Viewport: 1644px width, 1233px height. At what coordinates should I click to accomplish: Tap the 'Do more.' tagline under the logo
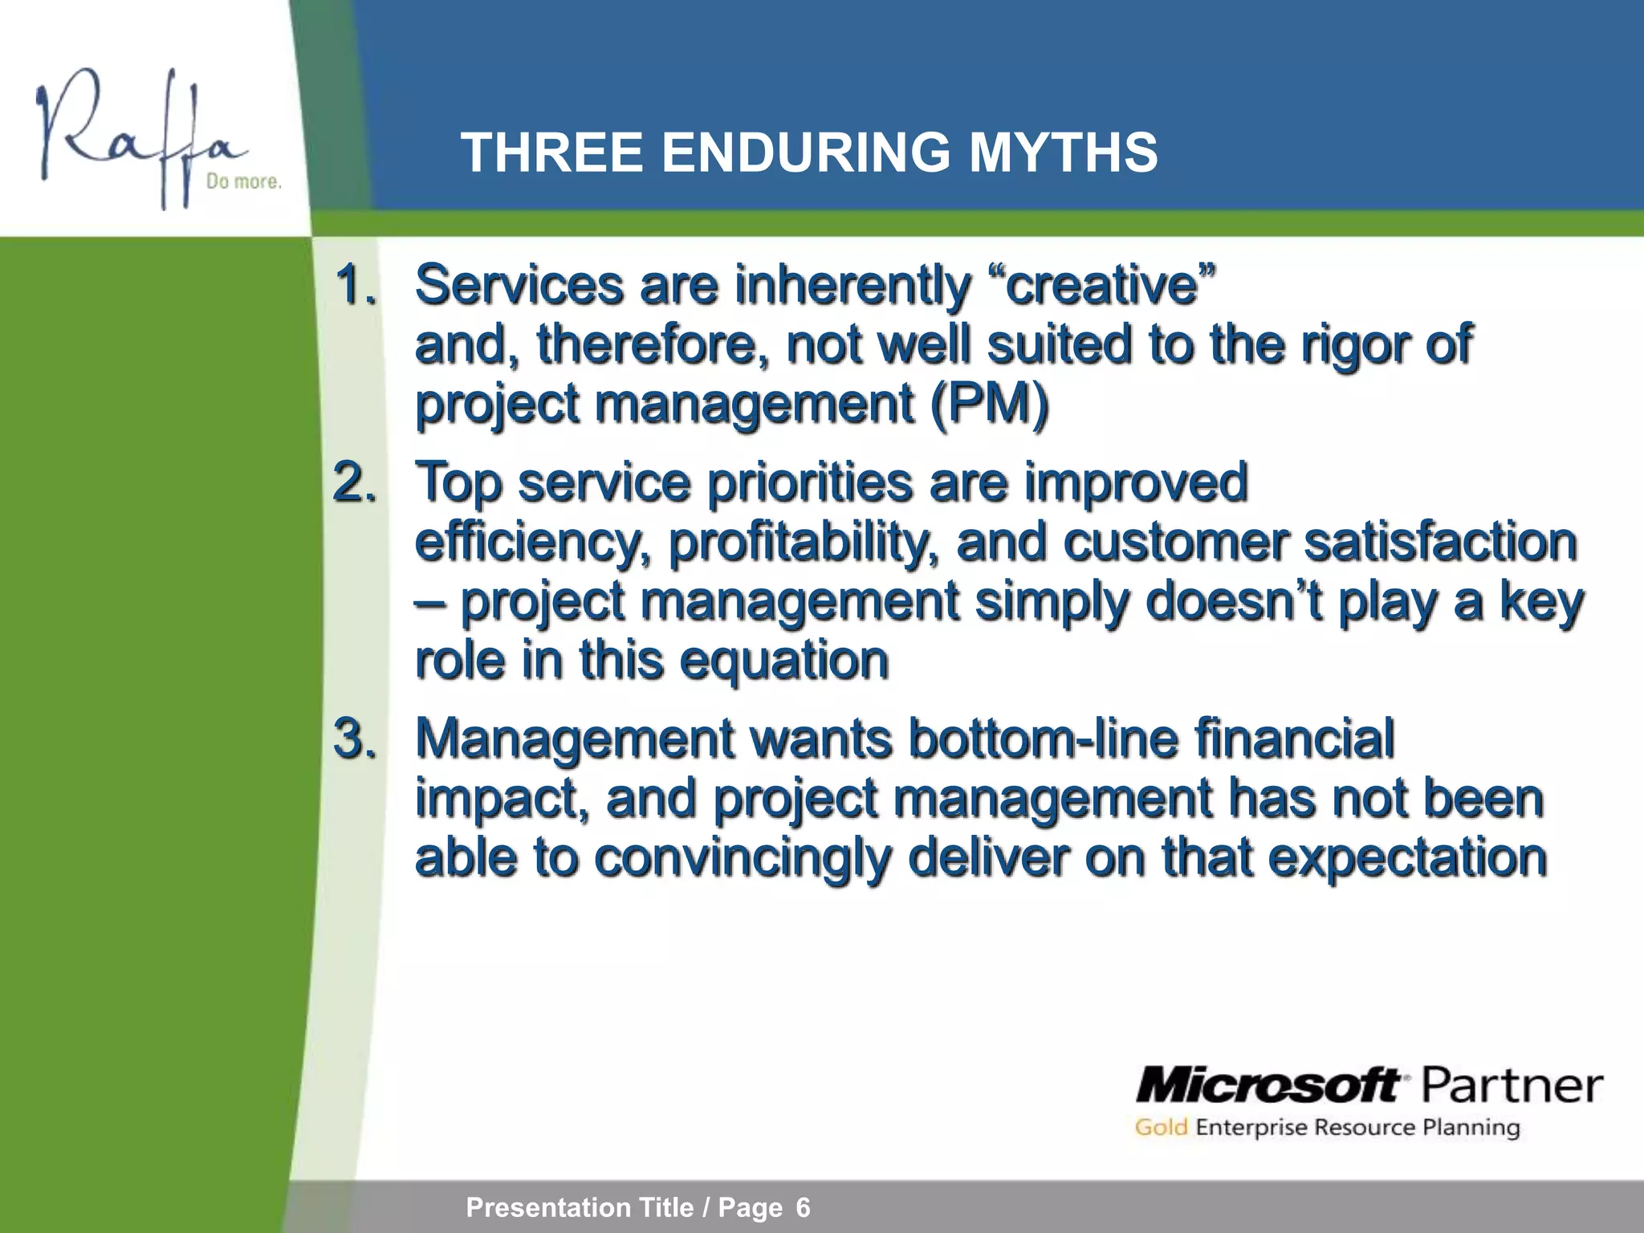coord(244,182)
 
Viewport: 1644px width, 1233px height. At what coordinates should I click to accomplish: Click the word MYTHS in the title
coord(1063,153)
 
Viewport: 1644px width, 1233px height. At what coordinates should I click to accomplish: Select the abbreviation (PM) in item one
coord(989,403)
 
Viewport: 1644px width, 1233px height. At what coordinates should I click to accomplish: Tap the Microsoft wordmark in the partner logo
coord(1268,1087)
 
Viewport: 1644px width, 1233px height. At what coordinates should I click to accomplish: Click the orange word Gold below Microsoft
coord(1161,1128)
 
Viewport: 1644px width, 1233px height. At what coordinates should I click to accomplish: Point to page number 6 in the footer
coord(803,1207)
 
